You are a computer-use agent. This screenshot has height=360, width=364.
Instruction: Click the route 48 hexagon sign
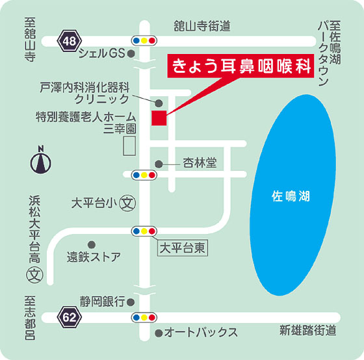[70, 41]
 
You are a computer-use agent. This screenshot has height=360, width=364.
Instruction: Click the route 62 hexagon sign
[70, 317]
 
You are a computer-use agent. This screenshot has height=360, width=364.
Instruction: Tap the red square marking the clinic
[159, 118]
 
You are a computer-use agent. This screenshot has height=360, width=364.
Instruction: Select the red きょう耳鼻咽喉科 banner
[240, 66]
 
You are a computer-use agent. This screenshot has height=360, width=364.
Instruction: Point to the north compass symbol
[41, 160]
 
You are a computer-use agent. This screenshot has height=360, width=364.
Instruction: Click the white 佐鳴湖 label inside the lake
[291, 196]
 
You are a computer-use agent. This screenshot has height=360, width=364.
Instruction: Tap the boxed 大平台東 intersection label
[183, 249]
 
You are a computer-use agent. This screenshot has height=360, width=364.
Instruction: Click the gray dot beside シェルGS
[131, 54]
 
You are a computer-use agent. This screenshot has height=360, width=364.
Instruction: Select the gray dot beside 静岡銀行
[131, 302]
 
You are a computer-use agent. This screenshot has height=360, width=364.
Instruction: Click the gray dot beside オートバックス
[159, 333]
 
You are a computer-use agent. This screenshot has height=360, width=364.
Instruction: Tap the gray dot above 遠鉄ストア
[92, 244]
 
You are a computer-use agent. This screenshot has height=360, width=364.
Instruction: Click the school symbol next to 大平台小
[127, 203]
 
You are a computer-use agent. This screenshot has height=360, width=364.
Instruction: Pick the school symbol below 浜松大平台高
[35, 275]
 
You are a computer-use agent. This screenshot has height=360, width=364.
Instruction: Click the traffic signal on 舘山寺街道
[144, 41]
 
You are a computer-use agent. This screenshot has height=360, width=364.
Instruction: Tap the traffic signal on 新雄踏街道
[144, 317]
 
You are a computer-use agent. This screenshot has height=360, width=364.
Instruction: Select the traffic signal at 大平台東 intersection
[144, 231]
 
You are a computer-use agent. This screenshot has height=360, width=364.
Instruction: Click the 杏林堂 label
[200, 162]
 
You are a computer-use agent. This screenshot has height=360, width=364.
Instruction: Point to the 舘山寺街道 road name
[202, 26]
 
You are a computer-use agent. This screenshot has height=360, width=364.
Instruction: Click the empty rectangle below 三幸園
[129, 146]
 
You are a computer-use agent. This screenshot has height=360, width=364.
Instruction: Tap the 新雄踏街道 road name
[307, 330]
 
